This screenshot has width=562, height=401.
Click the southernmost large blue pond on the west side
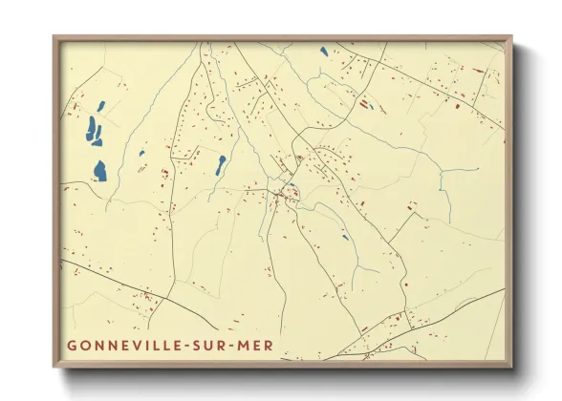coord(99,171)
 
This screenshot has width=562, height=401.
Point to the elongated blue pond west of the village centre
coord(220,164)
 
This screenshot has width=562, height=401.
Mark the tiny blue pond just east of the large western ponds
coord(141,153)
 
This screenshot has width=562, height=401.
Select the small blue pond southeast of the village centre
coord(345,237)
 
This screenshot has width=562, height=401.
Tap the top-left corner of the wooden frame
coord(54,37)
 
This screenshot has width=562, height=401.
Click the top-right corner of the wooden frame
coord(511,37)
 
